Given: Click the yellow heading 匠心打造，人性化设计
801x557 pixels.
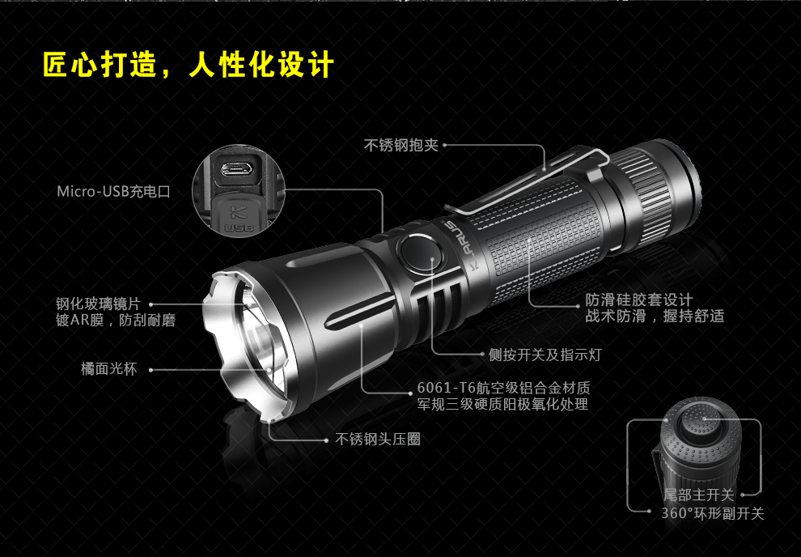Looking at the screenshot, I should [x=188, y=66].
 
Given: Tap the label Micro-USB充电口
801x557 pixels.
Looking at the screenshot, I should [x=113, y=192].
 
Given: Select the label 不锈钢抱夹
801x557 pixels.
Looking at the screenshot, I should [x=400, y=145].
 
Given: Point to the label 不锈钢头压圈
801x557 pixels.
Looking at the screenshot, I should [x=378, y=439].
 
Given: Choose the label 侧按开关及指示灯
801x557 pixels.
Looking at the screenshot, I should [x=545, y=355].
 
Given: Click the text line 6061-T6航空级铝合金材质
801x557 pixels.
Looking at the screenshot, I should [x=503, y=387].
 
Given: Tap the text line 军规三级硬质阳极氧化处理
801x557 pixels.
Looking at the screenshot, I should [x=502, y=405].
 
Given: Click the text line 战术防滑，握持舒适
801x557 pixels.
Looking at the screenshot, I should [x=655, y=317].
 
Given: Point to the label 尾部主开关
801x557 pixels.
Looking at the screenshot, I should [x=698, y=495].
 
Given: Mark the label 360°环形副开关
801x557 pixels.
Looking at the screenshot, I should [x=712, y=513].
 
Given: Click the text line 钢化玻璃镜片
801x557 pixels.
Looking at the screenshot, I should [x=98, y=304].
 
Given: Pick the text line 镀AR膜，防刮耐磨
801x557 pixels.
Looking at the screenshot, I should [x=115, y=321].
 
